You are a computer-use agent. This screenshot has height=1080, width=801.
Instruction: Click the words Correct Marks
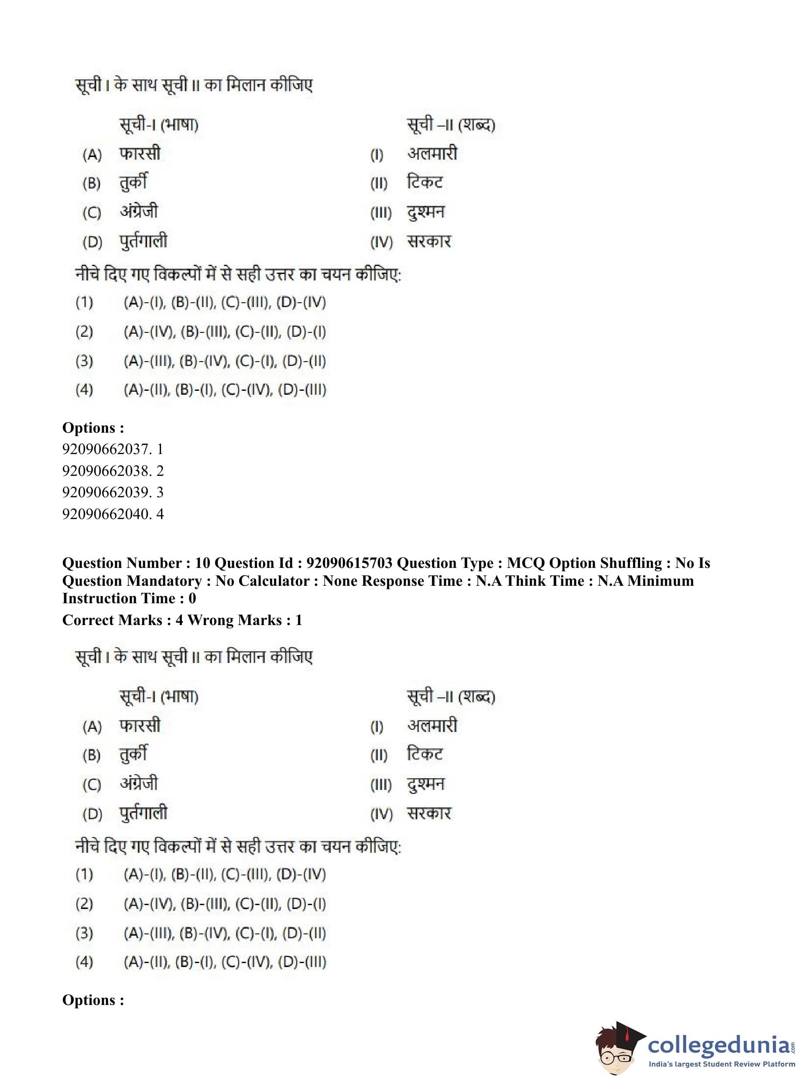point(112,620)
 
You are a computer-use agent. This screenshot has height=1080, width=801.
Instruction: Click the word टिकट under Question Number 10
point(425,754)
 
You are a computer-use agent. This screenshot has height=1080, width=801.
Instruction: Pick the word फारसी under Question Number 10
point(140,726)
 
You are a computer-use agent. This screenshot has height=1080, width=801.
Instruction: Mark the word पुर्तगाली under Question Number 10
point(144,813)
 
